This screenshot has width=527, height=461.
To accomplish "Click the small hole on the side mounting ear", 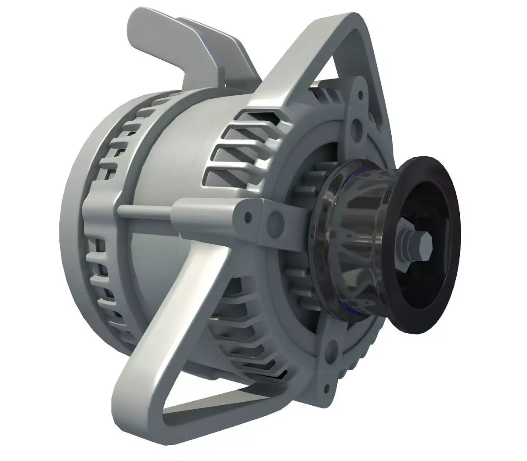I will coord(249,216).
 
